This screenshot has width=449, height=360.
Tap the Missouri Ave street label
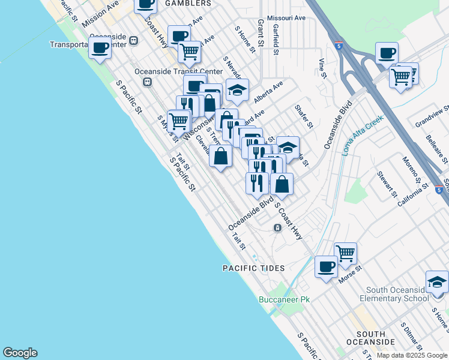pos(286,19)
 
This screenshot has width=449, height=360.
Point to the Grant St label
pos(261,33)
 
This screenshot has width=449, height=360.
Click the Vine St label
pos(322,68)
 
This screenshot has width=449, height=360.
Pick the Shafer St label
pos(304,116)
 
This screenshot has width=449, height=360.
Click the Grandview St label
pos(432,118)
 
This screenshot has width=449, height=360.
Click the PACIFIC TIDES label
pos(253,268)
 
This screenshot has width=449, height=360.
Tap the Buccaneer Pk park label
pos(284,299)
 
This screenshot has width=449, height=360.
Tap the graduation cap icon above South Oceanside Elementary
pos(437,281)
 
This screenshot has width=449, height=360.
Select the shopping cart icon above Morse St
pos(345,253)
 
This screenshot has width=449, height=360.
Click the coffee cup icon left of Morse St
pos(326,266)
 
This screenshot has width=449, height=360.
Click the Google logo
pos(20,353)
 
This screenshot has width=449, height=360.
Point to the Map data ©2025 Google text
pos(412,355)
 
